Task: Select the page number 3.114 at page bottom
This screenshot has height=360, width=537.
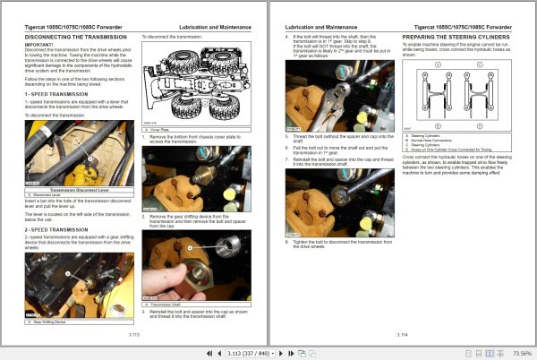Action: click(402, 332)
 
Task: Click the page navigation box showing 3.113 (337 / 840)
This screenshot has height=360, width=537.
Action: click(259, 353)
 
